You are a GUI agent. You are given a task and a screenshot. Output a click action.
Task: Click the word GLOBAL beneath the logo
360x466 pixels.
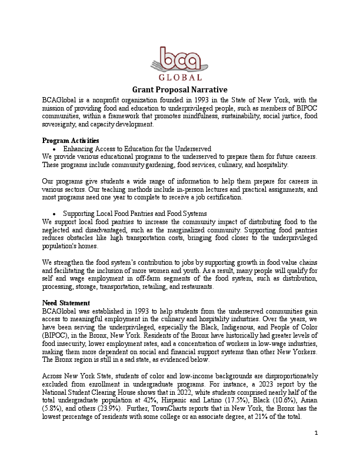(x=180, y=77)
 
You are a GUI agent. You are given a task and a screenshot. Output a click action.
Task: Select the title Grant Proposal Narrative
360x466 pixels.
(x=179, y=89)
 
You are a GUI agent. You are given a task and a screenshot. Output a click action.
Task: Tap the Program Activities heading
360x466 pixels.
(x=71, y=141)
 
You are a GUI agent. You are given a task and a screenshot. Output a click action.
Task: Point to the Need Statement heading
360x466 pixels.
(x=65, y=302)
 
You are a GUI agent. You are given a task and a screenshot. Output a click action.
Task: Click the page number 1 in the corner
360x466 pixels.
(x=316, y=450)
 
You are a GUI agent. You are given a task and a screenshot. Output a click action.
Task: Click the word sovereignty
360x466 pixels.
(x=63, y=124)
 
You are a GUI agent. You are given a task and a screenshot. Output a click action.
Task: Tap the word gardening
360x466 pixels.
(x=144, y=165)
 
